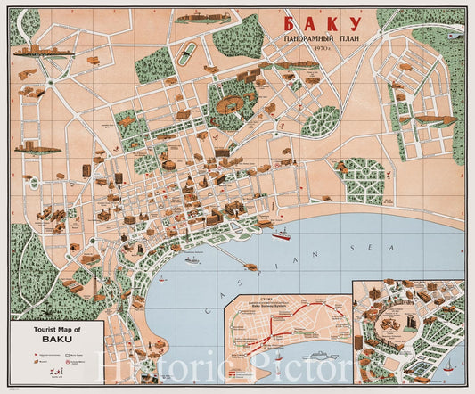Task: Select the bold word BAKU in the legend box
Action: (56, 341)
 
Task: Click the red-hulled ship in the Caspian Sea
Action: (282, 235)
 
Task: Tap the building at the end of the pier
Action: (250, 265)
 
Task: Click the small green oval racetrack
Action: (188, 53)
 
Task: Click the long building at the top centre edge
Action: (203, 17)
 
